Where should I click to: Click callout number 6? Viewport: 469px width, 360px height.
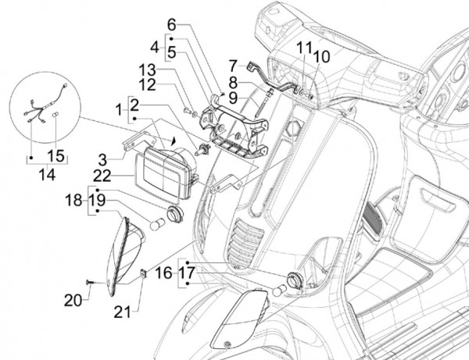point(172,25)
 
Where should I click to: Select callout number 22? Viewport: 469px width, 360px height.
point(102,176)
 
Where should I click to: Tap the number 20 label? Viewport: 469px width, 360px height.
point(73,300)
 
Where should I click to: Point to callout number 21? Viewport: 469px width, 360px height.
point(123,312)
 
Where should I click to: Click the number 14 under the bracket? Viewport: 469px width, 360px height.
point(47,174)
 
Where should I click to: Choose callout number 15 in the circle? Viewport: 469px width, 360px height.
point(56,156)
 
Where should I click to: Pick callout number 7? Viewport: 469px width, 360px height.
point(233,66)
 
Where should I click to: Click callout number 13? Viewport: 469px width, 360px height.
point(147,70)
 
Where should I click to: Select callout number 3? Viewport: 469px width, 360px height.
point(102,160)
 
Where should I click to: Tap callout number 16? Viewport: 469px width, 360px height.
point(164,273)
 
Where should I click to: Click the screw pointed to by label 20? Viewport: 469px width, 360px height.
point(89,282)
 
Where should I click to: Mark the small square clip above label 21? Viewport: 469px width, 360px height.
point(144,273)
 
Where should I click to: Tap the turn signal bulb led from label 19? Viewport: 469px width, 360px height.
point(157,224)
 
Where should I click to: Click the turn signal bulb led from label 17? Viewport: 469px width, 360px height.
point(279,290)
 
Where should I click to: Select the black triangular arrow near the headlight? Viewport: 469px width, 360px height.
point(174,141)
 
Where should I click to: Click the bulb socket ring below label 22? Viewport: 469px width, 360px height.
point(174,214)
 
